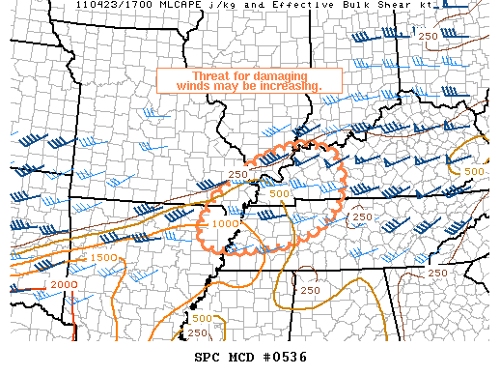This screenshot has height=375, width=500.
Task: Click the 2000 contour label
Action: click(x=65, y=285)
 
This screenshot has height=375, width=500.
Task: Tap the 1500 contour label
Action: click(x=104, y=259)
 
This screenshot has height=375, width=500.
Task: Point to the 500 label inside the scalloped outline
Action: click(x=279, y=193)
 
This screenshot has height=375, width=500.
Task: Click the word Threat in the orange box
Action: click(x=211, y=75)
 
